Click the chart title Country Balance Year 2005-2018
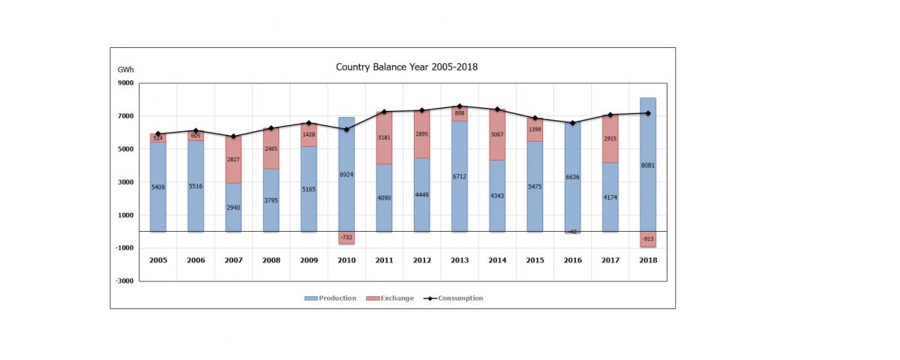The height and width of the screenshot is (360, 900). point(406,67)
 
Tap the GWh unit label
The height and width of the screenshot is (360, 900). point(125,69)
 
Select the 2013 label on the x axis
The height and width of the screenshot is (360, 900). point(460,260)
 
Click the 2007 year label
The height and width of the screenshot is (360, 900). point(233,260)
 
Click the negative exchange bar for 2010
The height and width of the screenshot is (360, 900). point(346,238)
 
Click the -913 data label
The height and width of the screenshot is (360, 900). point(648,239)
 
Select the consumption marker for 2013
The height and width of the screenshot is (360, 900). point(460,106)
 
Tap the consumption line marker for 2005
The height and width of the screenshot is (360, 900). point(158,133)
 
